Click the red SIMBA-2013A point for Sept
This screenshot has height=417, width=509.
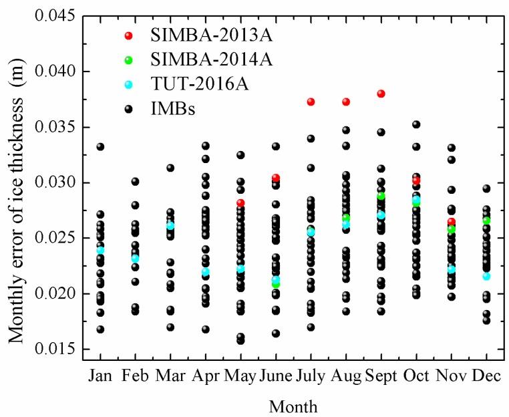coord(381,94)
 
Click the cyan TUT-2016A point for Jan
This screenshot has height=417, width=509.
coord(100,251)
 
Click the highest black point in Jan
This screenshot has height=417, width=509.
coord(100,146)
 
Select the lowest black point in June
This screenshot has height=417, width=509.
coord(275,333)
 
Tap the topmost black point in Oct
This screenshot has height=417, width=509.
coord(416,124)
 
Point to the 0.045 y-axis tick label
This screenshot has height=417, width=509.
coord(60,16)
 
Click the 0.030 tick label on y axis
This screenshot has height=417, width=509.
coord(60,182)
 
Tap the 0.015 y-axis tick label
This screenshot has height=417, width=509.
coord(60,349)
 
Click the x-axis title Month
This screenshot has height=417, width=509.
coord(293,406)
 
